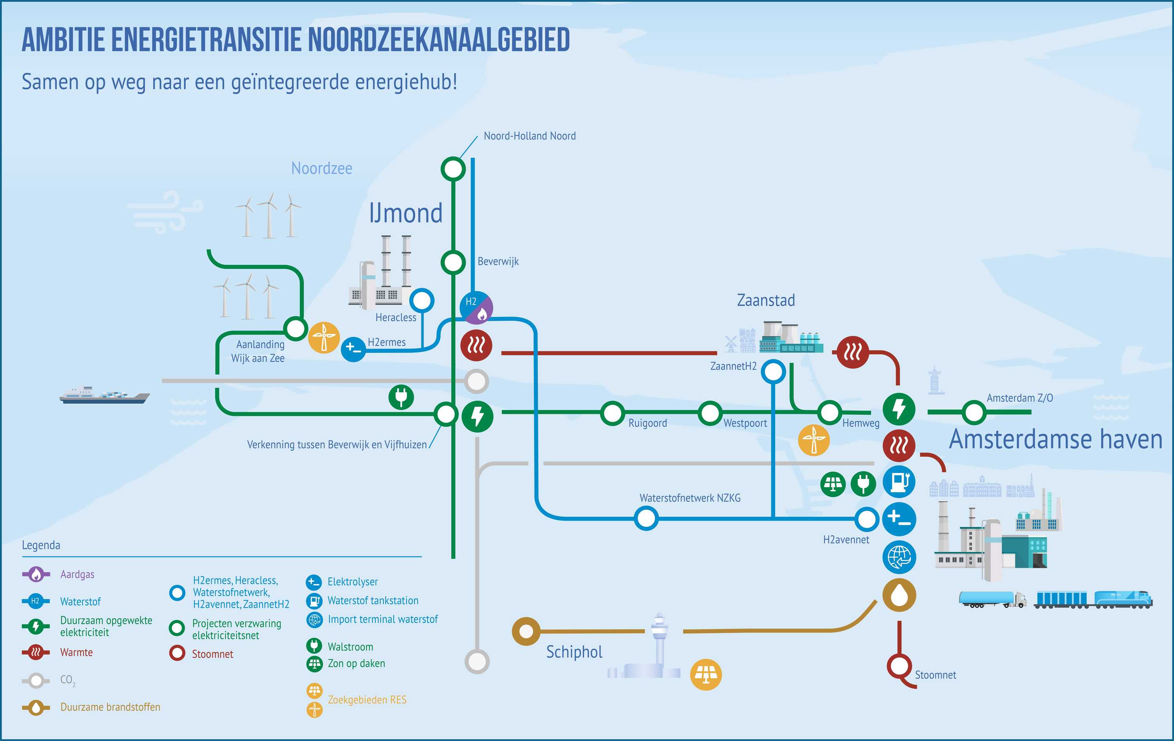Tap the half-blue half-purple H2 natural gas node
click(x=476, y=308)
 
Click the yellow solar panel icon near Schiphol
click(x=706, y=675)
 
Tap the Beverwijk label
click(x=498, y=261)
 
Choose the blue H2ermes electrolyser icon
click(x=353, y=349)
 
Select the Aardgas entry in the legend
click(x=77, y=574)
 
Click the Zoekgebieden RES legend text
click(x=367, y=700)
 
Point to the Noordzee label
click(x=321, y=168)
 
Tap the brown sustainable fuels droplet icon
click(x=899, y=595)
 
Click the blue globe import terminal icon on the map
click(x=899, y=557)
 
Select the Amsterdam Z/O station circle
click(x=974, y=412)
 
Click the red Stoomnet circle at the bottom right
click(x=899, y=665)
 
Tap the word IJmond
click(x=406, y=213)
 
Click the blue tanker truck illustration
click(x=992, y=599)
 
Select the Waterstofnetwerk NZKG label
click(x=690, y=498)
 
